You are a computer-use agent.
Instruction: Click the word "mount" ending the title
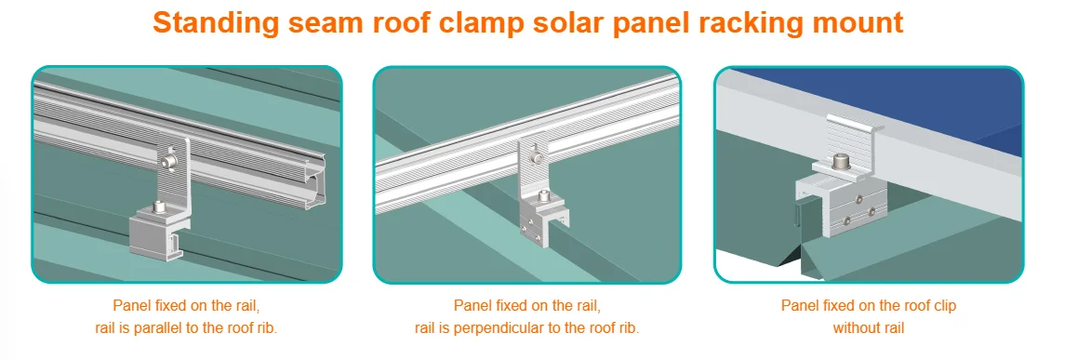pyautogui.click(x=859, y=23)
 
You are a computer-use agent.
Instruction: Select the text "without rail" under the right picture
pyautogui.click(x=868, y=328)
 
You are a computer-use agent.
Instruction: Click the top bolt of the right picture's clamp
pyautogui.click(x=841, y=160)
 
